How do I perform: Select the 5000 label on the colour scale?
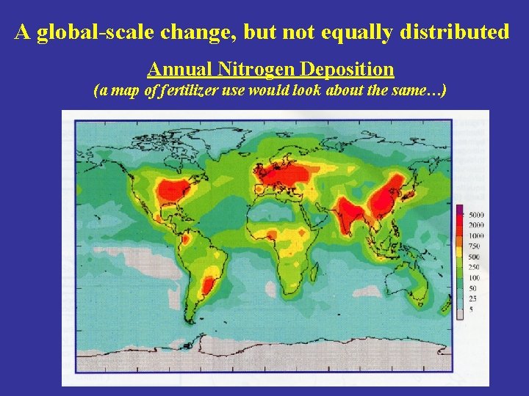[x=476, y=214]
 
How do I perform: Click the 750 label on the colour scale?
[x=475, y=246]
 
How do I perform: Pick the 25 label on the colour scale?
[x=472, y=298]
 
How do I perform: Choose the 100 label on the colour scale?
[x=475, y=277]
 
